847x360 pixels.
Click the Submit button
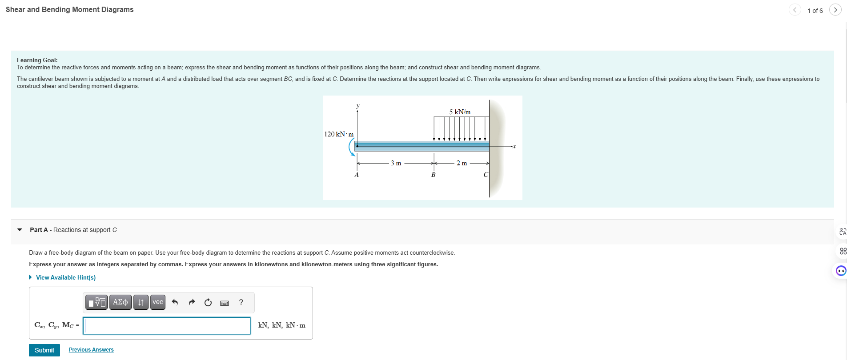tap(44, 350)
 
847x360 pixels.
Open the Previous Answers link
tap(91, 350)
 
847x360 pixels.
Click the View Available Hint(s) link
tap(65, 277)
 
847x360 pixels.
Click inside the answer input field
tap(167, 325)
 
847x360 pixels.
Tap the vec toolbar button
tap(158, 302)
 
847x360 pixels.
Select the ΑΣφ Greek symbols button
tap(120, 302)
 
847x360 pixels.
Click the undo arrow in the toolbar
tap(175, 302)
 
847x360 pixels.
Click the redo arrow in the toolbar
tap(192, 302)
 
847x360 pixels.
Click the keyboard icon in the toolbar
tap(225, 303)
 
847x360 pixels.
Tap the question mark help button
tap(241, 302)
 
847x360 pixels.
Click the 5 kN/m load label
tap(460, 112)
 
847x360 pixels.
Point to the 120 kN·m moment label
tap(339, 134)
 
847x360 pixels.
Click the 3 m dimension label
tap(396, 163)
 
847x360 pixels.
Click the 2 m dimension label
tap(462, 163)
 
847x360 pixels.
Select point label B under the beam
tap(433, 175)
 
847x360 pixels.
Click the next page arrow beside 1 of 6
tap(835, 10)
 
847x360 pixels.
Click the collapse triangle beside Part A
tap(20, 230)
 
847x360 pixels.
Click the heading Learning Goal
tap(37, 60)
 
